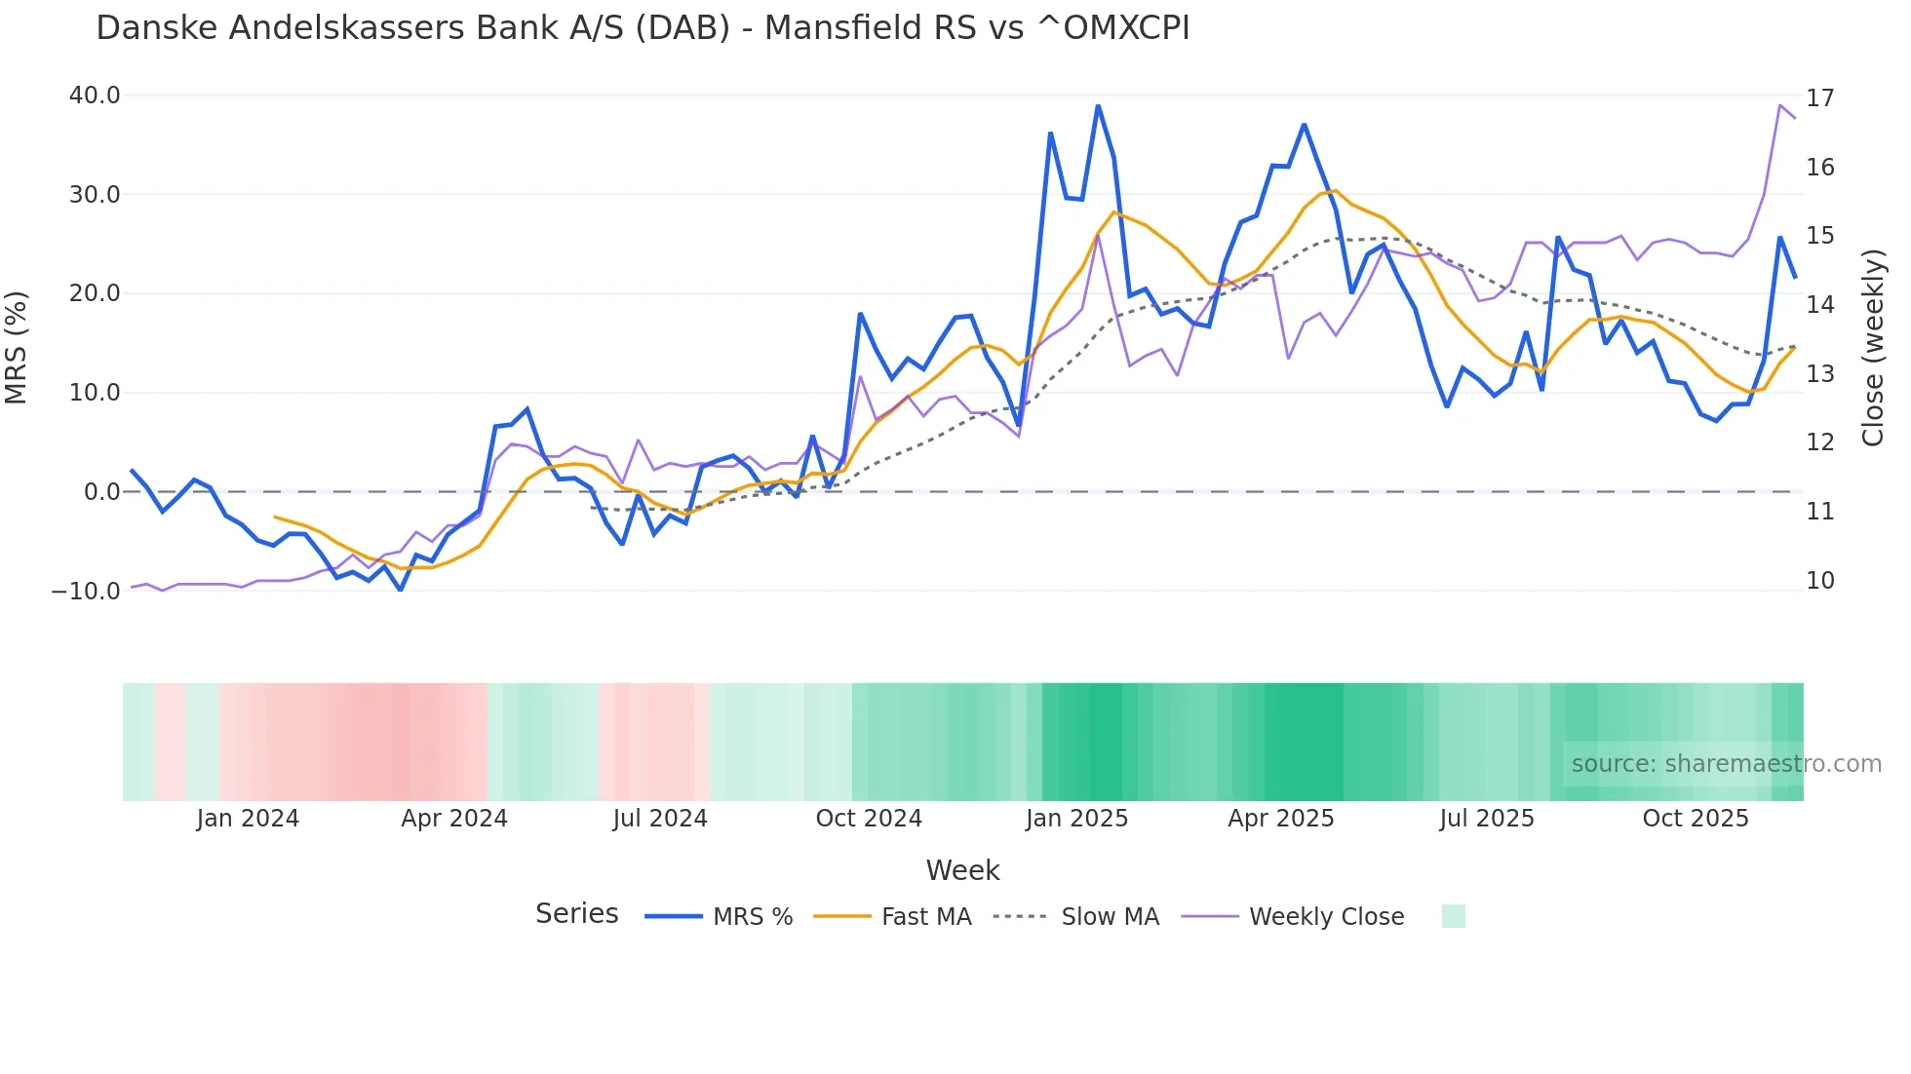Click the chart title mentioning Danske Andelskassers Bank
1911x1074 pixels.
click(x=643, y=28)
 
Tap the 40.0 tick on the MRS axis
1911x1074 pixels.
click(x=95, y=96)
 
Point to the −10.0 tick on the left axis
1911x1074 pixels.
click(x=86, y=592)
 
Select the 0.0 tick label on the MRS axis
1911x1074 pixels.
click(x=101, y=492)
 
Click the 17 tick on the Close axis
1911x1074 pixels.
click(x=1819, y=98)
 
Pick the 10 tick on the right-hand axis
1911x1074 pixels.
click(x=1819, y=581)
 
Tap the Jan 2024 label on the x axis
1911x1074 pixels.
click(x=248, y=819)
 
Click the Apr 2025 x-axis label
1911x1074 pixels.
click(x=1280, y=819)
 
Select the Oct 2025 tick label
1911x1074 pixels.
click(x=1696, y=819)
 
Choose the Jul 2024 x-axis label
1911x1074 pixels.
click(x=660, y=819)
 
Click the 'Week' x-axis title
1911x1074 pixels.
click(x=962, y=870)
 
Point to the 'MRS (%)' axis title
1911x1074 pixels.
click(x=17, y=347)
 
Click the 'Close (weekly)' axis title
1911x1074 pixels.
click(x=1872, y=348)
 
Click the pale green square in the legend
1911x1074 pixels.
click(x=1453, y=917)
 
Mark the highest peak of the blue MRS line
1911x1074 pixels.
click(x=1098, y=106)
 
